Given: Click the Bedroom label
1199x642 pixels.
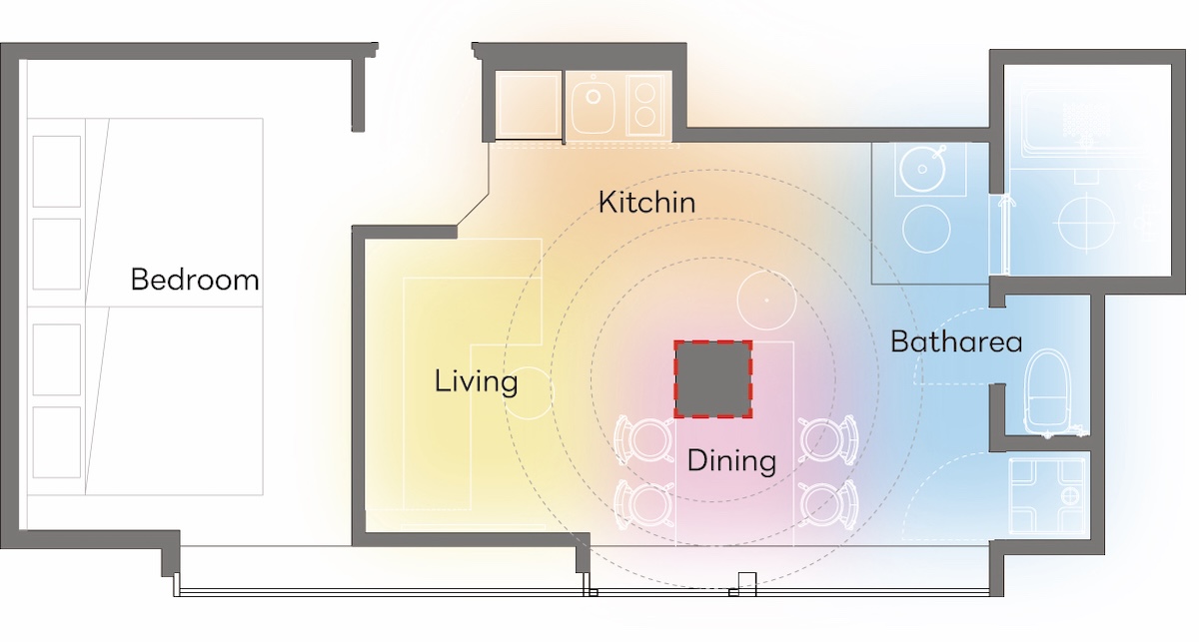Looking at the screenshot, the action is point(195,280).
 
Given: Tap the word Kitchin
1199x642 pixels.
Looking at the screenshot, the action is point(646,203).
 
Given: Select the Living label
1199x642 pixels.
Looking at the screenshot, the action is point(476,382).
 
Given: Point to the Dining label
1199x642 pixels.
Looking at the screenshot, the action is point(731,461).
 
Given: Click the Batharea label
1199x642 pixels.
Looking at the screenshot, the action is point(956,341).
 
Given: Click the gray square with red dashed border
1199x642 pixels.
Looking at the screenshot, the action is point(713,379).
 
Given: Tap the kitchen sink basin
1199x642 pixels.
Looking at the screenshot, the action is point(594,104).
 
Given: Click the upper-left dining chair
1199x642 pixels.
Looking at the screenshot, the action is point(644,439).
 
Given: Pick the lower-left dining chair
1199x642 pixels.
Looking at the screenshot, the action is point(644,504).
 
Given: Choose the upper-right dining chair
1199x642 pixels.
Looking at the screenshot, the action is point(828,439).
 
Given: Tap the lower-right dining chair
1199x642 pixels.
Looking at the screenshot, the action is point(828,504).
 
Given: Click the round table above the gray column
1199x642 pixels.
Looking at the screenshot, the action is point(766,301).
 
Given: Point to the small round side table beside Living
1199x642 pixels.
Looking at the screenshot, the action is point(528,393).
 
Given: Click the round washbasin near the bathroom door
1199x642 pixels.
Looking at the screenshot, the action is point(922,169).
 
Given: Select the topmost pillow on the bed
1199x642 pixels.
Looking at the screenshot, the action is point(57,171).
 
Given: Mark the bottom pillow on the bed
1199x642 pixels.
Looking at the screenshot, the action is point(57,442).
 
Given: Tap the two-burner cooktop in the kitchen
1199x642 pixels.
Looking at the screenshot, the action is point(646,104).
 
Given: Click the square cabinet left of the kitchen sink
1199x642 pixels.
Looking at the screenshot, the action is point(528,104).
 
